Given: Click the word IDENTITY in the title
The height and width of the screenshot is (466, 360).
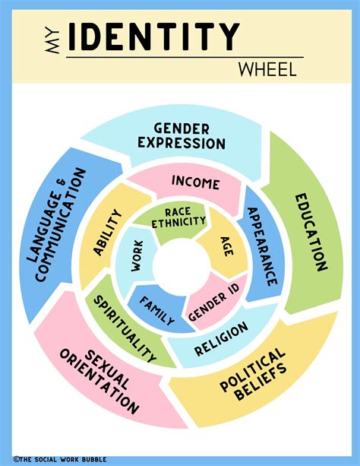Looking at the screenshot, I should tap(153, 36).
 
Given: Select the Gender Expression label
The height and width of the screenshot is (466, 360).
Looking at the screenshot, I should tap(190, 136).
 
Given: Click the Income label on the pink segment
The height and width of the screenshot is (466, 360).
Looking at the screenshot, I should tap(195, 183).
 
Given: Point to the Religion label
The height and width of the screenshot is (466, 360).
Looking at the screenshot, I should tap(220, 339).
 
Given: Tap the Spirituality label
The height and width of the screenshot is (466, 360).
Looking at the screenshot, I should tap(125, 328).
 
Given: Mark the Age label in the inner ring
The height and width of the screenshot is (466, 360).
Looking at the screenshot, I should tap(227, 246).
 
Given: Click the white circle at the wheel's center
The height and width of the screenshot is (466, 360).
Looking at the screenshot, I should tap(180, 266).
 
